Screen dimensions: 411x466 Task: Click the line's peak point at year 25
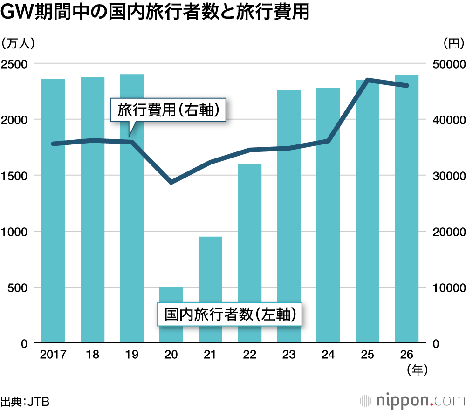pyautogui.click(x=368, y=80)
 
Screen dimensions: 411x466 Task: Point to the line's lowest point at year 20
pyautogui.click(x=171, y=182)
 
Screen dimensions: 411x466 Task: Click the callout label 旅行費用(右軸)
pyautogui.click(x=168, y=110)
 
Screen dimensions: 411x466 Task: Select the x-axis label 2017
pyautogui.click(x=53, y=355)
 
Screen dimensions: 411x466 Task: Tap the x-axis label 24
pyautogui.click(x=328, y=355)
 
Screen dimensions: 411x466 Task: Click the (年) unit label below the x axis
pyautogui.click(x=417, y=370)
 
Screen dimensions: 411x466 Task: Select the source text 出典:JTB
pyautogui.click(x=25, y=401)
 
